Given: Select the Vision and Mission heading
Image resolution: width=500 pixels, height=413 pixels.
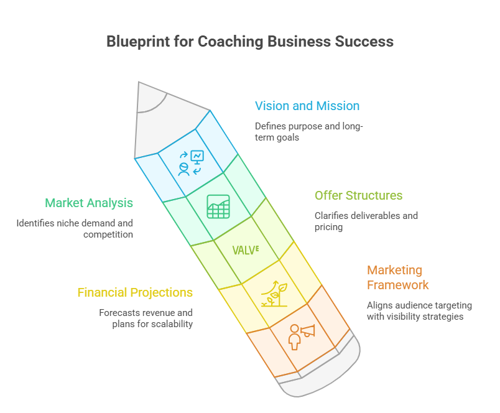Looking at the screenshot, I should point(307,106).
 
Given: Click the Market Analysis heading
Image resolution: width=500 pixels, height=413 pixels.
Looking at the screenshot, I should point(89,203).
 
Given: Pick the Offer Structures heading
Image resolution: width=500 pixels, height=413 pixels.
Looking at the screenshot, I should point(358,195).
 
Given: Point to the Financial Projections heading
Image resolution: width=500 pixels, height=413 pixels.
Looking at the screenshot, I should point(135,292).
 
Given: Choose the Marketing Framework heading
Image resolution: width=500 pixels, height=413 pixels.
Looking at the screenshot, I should point(398,277).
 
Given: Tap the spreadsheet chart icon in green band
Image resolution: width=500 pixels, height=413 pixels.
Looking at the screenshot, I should point(218,206).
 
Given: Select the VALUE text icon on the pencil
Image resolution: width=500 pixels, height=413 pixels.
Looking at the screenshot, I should point(246,250).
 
